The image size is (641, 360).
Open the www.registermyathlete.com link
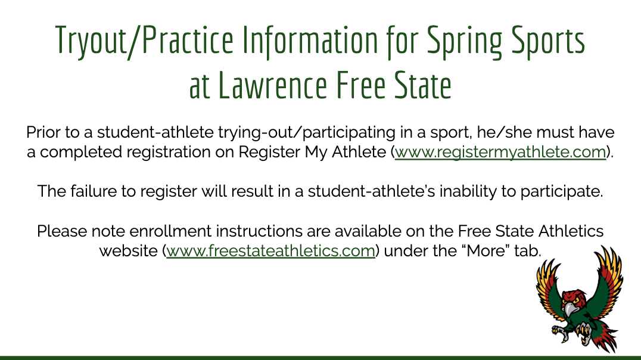(x=500, y=152)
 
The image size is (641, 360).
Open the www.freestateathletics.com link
(x=270, y=251)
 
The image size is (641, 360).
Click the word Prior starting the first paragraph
(x=43, y=132)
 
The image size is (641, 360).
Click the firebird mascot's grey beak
(x=571, y=309)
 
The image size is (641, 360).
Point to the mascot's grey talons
(x=559, y=331)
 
